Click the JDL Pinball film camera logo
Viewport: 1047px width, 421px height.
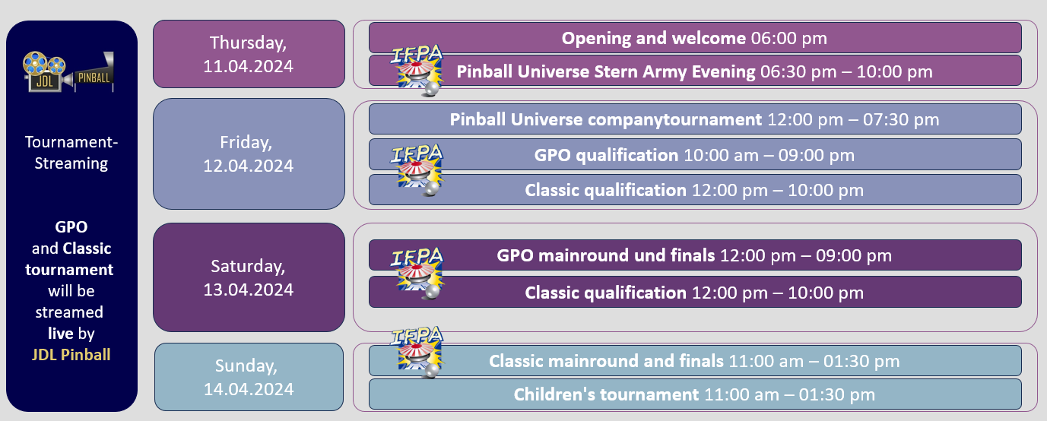[x=68, y=71]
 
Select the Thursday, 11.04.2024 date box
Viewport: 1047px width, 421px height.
[x=249, y=54]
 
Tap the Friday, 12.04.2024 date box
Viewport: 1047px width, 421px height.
[x=249, y=154]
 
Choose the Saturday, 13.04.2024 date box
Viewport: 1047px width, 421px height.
[x=249, y=277]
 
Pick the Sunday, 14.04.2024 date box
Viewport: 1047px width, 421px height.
[x=249, y=377]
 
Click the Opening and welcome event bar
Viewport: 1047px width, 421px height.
[x=695, y=38]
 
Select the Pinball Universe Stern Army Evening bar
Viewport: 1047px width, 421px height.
[x=695, y=71]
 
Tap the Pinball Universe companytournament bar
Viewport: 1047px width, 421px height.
[x=695, y=119]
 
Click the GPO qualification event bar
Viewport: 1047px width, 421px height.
[x=695, y=155]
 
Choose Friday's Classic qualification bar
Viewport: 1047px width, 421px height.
[x=695, y=190]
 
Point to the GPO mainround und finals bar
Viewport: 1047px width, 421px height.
[x=695, y=255]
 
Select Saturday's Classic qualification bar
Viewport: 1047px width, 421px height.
[x=695, y=292]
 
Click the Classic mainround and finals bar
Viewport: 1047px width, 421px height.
[x=695, y=361]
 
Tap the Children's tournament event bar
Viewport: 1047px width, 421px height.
[x=695, y=394]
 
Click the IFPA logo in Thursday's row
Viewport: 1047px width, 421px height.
[x=417, y=70]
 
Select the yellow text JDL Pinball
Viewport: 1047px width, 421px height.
[x=71, y=355]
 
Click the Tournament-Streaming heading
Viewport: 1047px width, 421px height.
[x=71, y=152]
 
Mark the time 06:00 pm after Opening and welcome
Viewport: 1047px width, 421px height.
[x=789, y=38]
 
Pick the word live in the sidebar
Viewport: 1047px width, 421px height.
[x=61, y=333]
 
